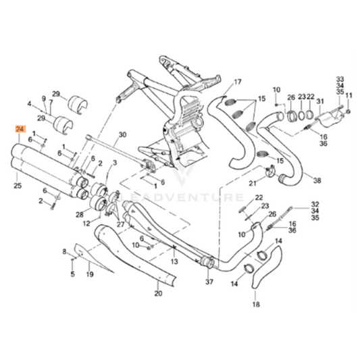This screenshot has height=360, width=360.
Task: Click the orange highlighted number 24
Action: tap(19, 129)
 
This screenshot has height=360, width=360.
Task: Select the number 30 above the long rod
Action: tap(122, 135)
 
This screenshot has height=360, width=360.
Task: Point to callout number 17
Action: tap(237, 83)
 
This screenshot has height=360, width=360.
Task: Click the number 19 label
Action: tap(89, 275)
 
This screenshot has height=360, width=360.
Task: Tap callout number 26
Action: tap(291, 97)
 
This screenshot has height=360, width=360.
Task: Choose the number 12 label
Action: tap(86, 223)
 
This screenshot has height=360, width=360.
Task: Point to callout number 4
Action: tap(29, 104)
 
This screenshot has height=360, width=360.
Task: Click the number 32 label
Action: tap(315, 203)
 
